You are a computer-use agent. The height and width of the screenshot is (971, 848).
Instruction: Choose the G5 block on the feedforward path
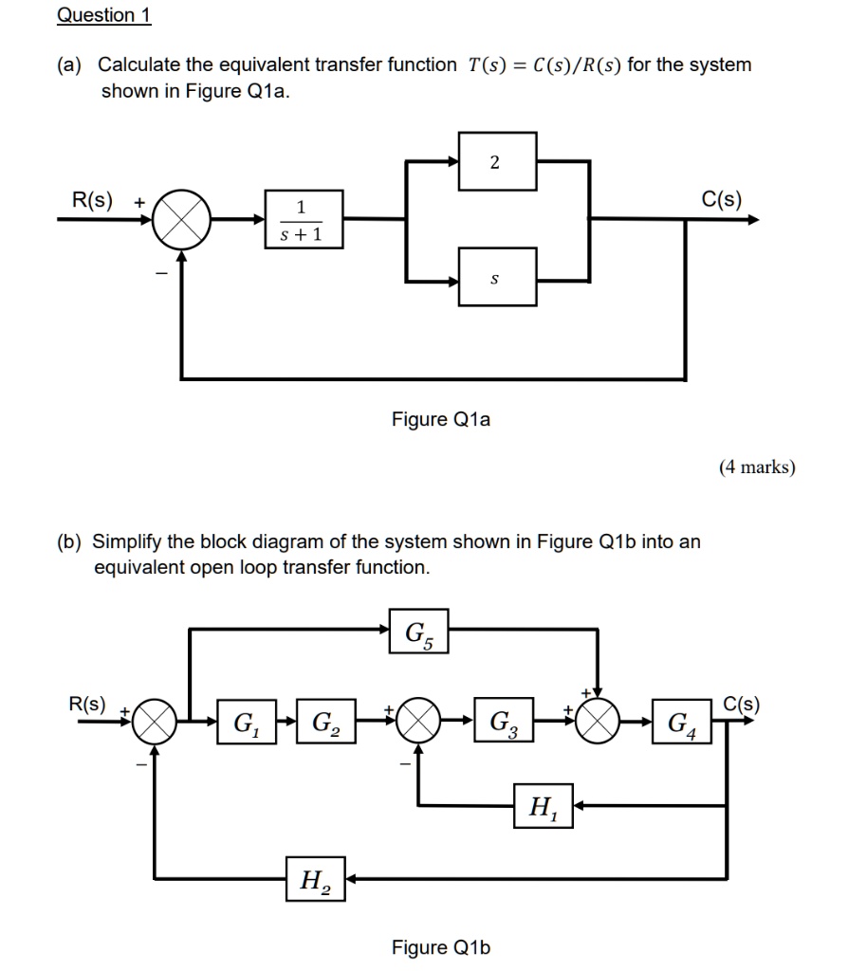pyautogui.click(x=418, y=631)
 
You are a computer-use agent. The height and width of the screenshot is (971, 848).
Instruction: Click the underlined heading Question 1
pyautogui.click(x=103, y=15)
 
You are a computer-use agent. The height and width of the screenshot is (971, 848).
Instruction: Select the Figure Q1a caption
pyautogui.click(x=441, y=418)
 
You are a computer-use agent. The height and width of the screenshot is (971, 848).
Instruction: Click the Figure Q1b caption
pyautogui.click(x=441, y=946)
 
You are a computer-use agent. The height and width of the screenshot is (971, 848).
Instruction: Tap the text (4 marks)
pyautogui.click(x=757, y=466)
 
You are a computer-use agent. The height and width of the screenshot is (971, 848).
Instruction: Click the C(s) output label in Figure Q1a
pyautogui.click(x=722, y=199)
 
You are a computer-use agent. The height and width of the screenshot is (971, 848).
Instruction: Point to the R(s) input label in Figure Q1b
pyautogui.click(x=88, y=704)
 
